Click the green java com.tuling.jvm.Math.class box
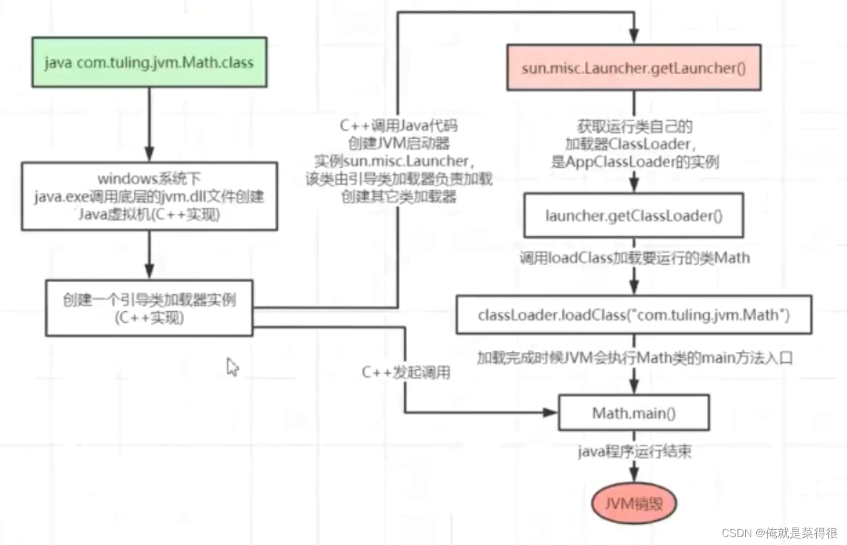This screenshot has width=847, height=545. (x=149, y=62)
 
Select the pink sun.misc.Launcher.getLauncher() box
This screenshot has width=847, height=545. (x=633, y=68)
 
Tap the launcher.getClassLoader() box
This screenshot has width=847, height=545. (x=633, y=216)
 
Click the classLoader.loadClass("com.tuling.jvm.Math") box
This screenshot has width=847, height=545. (x=633, y=315)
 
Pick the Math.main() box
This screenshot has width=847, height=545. (x=633, y=413)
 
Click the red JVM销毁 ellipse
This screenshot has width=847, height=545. (x=633, y=503)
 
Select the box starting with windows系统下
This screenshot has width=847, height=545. (x=149, y=196)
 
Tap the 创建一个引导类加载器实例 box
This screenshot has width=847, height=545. (x=149, y=308)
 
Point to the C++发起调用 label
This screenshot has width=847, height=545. (x=406, y=372)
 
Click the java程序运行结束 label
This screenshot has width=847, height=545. (x=634, y=451)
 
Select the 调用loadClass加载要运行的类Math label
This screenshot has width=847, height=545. (x=634, y=258)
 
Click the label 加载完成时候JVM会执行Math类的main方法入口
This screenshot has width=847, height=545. (x=634, y=358)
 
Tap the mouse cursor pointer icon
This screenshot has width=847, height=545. (x=232, y=366)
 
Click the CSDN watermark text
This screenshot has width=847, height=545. (x=779, y=533)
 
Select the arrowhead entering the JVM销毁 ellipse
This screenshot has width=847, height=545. (x=634, y=474)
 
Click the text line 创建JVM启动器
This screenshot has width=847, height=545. (x=398, y=144)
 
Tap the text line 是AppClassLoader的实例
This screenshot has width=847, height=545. (x=634, y=162)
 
